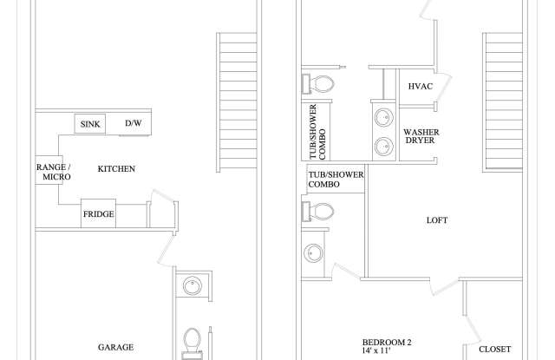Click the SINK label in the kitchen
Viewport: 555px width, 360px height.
click(90, 124)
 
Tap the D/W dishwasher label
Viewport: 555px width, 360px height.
click(133, 124)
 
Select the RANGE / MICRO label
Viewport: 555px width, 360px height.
click(53, 172)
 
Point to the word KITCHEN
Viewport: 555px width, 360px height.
click(116, 168)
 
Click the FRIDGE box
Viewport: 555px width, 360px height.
click(99, 214)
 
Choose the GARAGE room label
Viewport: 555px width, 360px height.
click(115, 347)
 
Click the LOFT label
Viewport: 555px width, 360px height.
click(437, 220)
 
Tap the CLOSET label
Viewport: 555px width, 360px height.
click(495, 349)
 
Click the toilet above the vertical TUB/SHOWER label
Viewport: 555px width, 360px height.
click(323, 84)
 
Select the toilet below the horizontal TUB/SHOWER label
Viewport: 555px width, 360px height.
click(322, 211)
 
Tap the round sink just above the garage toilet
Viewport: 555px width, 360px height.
click(192, 285)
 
